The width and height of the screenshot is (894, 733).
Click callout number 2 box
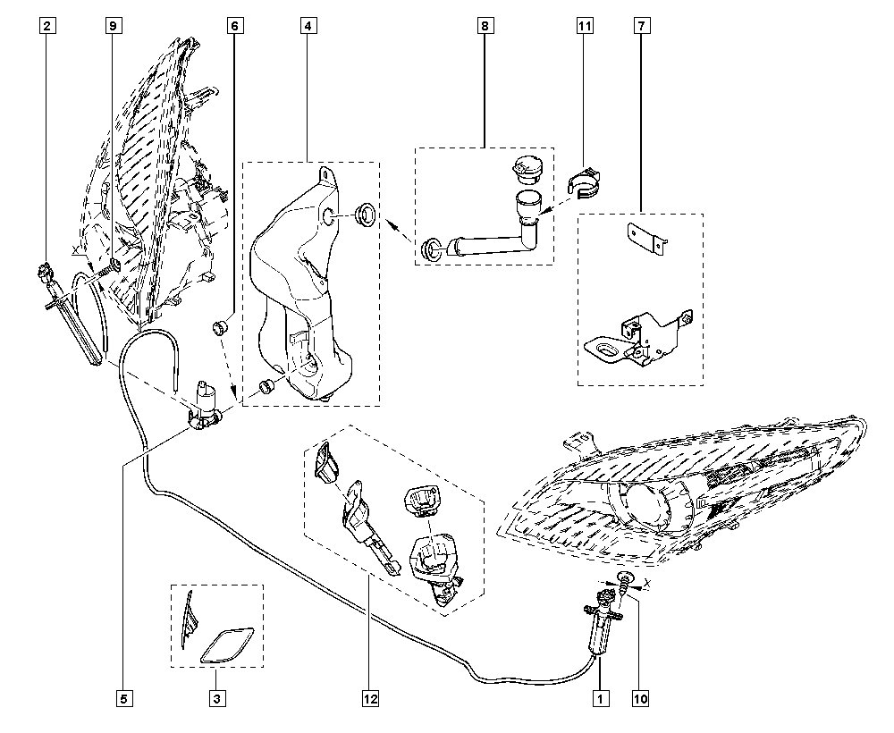(x=46, y=27)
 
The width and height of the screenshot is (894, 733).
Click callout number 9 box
(x=112, y=27)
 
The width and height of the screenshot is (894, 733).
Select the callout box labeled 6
(x=234, y=27)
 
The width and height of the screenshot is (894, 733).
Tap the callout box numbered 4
(x=307, y=27)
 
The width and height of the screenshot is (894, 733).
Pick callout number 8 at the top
(x=484, y=27)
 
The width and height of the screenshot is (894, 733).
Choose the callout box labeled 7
(x=641, y=27)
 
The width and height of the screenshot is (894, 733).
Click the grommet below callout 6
(x=220, y=327)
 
